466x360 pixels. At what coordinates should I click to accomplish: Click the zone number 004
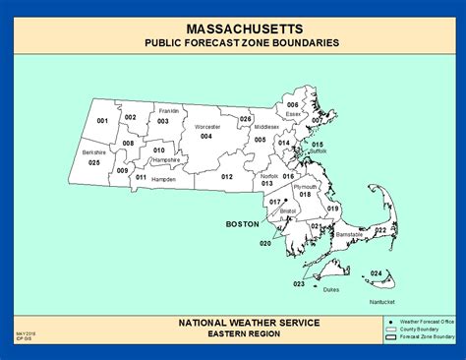(x=205, y=136)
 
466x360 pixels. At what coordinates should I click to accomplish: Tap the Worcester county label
(x=206, y=127)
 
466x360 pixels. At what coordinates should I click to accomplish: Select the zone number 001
(x=101, y=120)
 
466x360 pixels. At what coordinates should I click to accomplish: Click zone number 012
(x=226, y=176)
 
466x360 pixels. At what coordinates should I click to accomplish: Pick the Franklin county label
(x=168, y=111)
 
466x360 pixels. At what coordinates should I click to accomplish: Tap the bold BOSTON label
(x=242, y=223)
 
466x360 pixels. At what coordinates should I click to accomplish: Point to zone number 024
(x=377, y=273)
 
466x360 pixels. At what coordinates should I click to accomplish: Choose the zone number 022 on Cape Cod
(x=380, y=230)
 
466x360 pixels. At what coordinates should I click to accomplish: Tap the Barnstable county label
(x=349, y=234)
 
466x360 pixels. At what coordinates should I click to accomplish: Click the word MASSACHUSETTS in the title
(x=233, y=30)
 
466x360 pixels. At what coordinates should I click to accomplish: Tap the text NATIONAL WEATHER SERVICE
(x=233, y=322)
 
